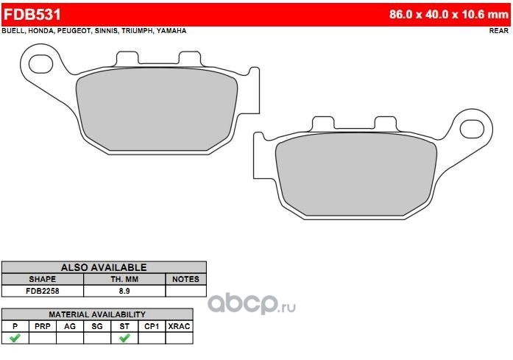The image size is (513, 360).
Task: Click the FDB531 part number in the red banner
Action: tap(32, 15)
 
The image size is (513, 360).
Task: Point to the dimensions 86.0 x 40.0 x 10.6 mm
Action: tap(449, 15)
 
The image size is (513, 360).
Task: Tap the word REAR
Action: tap(499, 31)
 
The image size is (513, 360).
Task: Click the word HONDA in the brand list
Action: tap(40, 31)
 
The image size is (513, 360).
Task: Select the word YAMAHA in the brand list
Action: tap(171, 31)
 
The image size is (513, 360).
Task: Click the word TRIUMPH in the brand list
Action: tap(137, 31)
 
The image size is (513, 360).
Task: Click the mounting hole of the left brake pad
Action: tap(41, 64)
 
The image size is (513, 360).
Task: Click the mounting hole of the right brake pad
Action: tap(472, 129)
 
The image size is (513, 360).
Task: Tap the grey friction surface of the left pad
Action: tap(157, 109)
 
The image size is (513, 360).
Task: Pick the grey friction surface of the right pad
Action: tap(356, 174)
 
